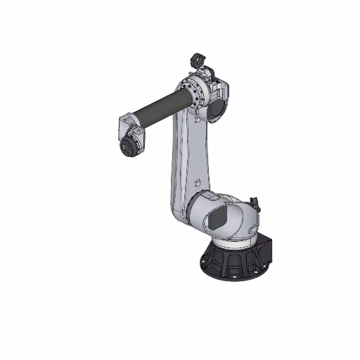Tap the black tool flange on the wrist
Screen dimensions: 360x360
(129, 147)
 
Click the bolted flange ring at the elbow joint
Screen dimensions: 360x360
(193, 95)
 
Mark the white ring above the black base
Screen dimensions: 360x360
(232, 243)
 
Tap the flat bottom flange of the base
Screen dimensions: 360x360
(232, 276)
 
